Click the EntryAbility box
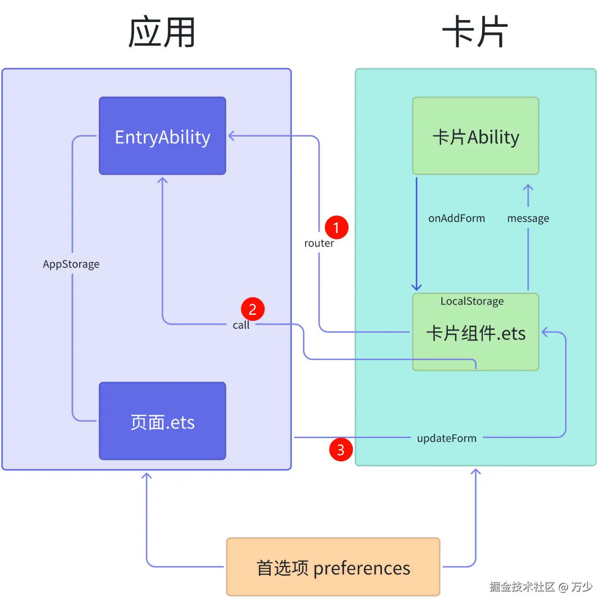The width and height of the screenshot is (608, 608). [x=162, y=136]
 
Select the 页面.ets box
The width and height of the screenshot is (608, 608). [x=162, y=421]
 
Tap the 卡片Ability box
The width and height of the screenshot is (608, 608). [x=475, y=136]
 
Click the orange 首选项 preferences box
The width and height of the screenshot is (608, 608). [x=333, y=567]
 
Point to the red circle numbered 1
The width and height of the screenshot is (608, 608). [x=336, y=227]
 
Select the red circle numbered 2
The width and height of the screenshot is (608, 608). [x=252, y=309]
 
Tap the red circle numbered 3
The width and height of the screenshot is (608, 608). [x=341, y=450]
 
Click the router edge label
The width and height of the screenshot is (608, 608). [x=319, y=243]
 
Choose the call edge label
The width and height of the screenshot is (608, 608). [x=241, y=325]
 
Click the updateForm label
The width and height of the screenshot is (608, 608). [x=446, y=438]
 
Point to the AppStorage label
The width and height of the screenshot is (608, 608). [x=71, y=264]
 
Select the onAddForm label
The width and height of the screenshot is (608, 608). [x=457, y=218]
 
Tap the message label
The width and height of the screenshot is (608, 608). [x=528, y=218]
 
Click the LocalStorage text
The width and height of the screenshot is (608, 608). [x=472, y=301]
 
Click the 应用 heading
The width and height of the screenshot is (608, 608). [x=162, y=32]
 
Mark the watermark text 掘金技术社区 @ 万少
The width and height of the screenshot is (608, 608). [x=541, y=586]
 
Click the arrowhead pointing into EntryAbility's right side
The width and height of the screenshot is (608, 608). [x=231, y=136]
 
